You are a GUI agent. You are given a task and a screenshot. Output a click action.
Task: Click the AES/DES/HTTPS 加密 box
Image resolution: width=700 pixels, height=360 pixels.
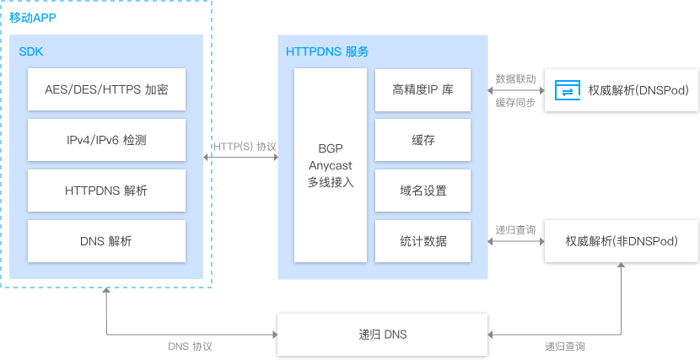tap(106, 89)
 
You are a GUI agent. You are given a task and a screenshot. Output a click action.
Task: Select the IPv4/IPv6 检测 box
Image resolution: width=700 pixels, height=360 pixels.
tap(106, 140)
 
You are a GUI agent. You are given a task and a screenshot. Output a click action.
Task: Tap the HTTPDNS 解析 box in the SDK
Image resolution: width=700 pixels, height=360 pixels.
tap(106, 191)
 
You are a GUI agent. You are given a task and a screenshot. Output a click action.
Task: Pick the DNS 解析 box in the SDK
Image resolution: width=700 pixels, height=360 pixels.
tap(106, 241)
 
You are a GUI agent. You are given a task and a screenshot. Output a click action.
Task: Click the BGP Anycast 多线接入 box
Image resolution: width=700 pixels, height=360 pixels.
tap(330, 165)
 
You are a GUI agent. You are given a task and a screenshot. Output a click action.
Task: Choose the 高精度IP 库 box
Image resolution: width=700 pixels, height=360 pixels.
tap(423, 89)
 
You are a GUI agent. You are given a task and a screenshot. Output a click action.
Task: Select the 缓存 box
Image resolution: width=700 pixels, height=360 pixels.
tap(423, 140)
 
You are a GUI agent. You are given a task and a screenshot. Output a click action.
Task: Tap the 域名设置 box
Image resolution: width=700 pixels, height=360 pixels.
tap(423, 191)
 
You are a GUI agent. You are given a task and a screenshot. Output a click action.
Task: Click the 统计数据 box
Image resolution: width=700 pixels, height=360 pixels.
tap(423, 241)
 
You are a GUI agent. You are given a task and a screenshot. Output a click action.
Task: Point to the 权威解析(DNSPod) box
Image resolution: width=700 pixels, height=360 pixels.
tap(622, 90)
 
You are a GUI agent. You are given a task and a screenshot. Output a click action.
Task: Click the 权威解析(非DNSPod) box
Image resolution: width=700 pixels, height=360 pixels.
tap(622, 241)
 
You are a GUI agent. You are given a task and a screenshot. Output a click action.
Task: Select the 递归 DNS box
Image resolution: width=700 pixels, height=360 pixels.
tap(383, 335)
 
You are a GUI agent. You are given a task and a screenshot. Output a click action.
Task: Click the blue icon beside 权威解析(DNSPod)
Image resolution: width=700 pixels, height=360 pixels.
tap(567, 90)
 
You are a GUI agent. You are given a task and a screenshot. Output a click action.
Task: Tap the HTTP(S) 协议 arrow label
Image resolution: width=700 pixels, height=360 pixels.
tap(245, 147)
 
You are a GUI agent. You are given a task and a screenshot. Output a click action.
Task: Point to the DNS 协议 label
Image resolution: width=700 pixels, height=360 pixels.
tap(191, 347)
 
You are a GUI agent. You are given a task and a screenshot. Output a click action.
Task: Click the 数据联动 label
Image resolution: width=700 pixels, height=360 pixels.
tap(515, 78)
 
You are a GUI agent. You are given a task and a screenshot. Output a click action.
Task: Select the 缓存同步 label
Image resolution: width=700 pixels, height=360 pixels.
tap(515, 102)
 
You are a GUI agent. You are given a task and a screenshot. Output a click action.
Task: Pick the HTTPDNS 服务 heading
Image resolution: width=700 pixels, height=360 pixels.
tap(327, 51)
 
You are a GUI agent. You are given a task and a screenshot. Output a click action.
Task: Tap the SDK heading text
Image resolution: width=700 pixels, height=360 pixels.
tap(31, 51)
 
